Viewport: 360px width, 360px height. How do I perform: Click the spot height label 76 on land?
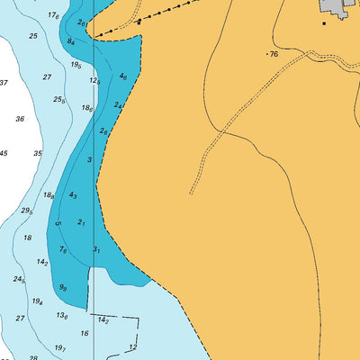pos(274,55)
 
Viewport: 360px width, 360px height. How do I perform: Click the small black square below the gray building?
pos(324,22)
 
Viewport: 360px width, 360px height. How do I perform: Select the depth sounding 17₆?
pos(54,15)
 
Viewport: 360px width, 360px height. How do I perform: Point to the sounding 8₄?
pos(71,41)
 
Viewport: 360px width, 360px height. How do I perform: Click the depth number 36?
pos(20,118)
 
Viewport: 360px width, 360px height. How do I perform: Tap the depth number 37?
pos(4,83)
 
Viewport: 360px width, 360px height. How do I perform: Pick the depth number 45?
pos(4,153)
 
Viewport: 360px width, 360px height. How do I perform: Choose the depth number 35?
pos(38,154)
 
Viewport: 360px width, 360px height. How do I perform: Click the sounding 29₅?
pos(27,211)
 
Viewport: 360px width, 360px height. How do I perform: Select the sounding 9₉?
pos(63,288)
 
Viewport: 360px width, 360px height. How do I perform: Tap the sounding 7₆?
pos(63,250)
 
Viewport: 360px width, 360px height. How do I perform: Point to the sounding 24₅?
pos(19,280)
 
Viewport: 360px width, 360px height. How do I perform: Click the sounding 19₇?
pos(60,347)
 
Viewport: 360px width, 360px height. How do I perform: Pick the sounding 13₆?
pos(62,316)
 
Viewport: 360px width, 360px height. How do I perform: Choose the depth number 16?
pos(85,333)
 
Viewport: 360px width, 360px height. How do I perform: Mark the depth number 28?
pos(33,357)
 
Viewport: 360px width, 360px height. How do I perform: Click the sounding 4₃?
pos(74,195)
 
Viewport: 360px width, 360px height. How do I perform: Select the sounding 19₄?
pos(38,302)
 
